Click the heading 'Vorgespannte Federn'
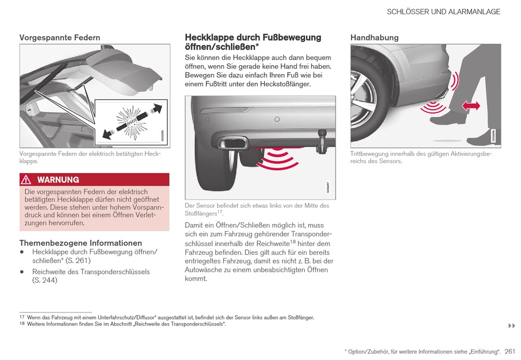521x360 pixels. (x=60, y=38)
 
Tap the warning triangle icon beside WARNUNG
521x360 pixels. (x=26, y=180)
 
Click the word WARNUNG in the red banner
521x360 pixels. (x=58, y=180)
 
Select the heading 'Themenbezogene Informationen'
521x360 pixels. (x=81, y=243)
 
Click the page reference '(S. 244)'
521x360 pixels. (x=44, y=281)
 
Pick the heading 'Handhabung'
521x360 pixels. (x=375, y=38)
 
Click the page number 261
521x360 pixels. (x=511, y=351)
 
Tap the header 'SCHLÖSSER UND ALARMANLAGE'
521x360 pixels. (x=443, y=12)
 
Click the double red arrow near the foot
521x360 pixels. (x=471, y=106)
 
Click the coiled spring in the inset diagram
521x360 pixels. (x=131, y=119)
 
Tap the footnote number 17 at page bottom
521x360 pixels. (x=22, y=317)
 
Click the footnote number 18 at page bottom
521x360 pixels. (x=22, y=324)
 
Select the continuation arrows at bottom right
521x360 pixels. (x=511, y=326)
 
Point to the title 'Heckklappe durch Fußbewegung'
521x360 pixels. (x=253, y=37)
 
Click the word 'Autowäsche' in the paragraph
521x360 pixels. (x=204, y=270)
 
